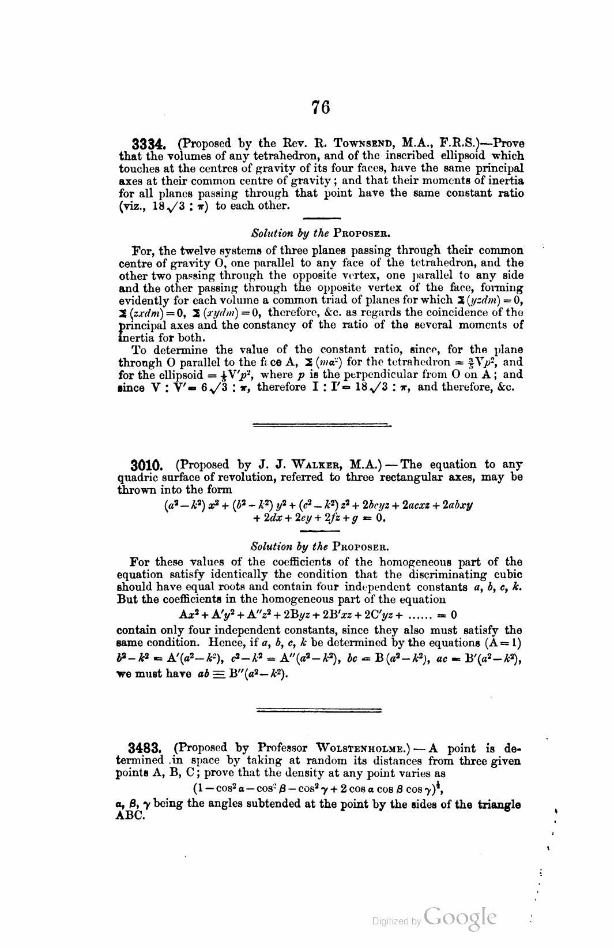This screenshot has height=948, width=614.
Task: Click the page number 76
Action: click(x=321, y=107)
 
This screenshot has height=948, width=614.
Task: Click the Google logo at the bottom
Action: click(x=459, y=918)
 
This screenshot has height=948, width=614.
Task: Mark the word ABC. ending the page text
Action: click(x=129, y=817)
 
